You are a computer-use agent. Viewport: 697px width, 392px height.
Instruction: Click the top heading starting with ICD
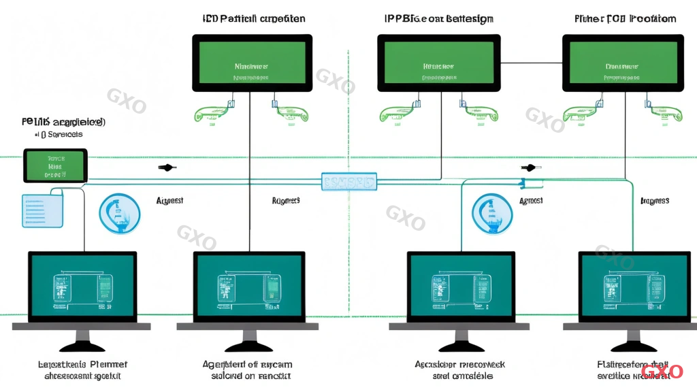[254, 18]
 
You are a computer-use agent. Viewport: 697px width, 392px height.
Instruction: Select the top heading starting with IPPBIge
[438, 18]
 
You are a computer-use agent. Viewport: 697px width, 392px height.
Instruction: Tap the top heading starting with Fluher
[624, 18]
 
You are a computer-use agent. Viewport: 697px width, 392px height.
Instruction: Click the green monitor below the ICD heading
[253, 63]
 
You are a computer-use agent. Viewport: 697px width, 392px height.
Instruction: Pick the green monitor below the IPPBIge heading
[438, 63]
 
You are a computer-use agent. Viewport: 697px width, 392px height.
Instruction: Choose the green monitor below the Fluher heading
[622, 63]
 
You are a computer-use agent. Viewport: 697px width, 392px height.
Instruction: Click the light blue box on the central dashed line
[349, 181]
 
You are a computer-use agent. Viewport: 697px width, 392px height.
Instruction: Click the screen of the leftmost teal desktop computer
[82, 285]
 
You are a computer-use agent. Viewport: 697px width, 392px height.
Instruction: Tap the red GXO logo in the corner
[662, 372]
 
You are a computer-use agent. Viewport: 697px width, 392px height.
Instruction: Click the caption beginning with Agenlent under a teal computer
[247, 370]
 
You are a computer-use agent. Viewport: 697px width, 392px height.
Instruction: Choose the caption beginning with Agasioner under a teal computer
[459, 370]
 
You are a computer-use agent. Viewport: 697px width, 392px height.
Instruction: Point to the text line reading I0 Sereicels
[58, 135]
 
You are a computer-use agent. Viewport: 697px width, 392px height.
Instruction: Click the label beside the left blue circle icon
[169, 201]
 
